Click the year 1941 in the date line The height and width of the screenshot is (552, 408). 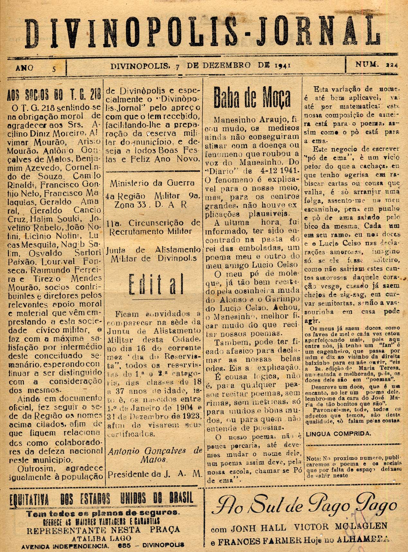pyautogui.click(x=283, y=65)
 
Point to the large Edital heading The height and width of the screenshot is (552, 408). pyautogui.click(x=156, y=284)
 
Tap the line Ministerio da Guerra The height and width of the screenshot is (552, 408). pyautogui.click(x=152, y=183)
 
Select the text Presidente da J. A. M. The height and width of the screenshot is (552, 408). pyautogui.click(x=155, y=474)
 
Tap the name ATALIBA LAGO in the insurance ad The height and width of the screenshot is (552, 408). pyautogui.click(x=102, y=538)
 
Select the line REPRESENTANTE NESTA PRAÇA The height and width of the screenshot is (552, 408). pyautogui.click(x=103, y=530)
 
